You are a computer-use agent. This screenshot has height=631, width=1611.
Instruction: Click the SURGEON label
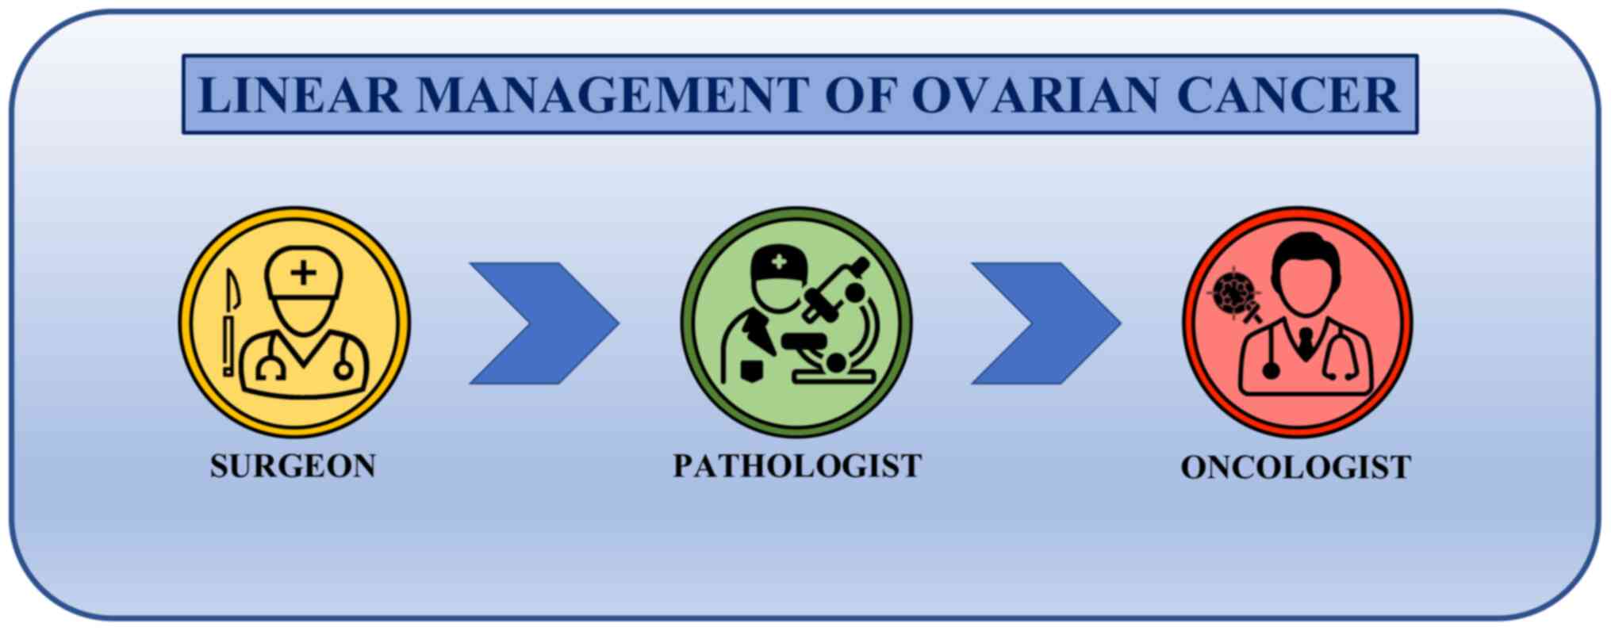[x=293, y=466]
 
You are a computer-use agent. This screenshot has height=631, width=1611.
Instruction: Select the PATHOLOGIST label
[x=797, y=466]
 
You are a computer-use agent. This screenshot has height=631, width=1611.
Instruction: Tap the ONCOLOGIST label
[x=1296, y=467]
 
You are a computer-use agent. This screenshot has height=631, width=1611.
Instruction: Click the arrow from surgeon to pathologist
[x=544, y=323]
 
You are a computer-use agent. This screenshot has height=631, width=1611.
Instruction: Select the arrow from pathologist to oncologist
[x=1046, y=323]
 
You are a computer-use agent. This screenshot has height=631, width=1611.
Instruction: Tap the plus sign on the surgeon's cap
[x=303, y=273]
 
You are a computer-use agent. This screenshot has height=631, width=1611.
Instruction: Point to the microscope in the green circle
[x=837, y=321]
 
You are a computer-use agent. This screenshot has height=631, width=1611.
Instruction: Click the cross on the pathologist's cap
[x=780, y=262]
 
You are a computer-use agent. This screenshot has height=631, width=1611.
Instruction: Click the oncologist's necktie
[x=1305, y=344]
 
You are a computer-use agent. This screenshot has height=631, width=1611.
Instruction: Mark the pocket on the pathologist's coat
[x=751, y=369]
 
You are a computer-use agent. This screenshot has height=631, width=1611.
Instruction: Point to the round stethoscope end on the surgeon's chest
[x=343, y=369]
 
